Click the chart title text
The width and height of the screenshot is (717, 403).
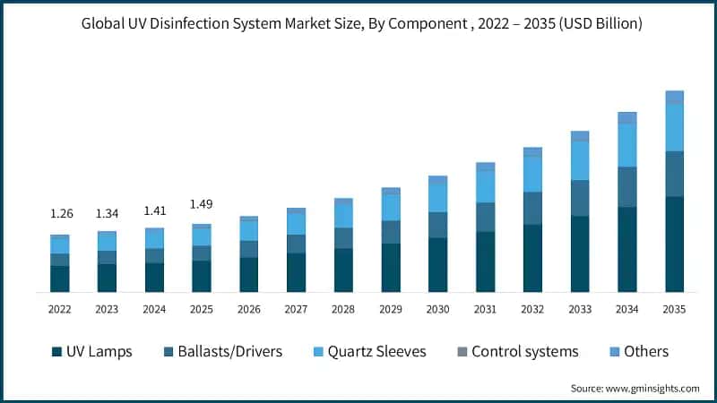pyautogui.click(x=358, y=24)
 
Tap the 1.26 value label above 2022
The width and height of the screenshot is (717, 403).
pyautogui.click(x=60, y=214)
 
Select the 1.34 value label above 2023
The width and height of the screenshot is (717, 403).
pyautogui.click(x=107, y=214)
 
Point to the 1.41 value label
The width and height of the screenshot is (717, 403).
pyautogui.click(x=154, y=211)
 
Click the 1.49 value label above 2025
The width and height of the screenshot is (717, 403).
pyautogui.click(x=202, y=204)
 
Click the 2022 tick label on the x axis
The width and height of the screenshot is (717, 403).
pyautogui.click(x=60, y=309)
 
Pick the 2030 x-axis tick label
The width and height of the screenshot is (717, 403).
pyautogui.click(x=438, y=309)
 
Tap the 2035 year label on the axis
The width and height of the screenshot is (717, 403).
pyautogui.click(x=674, y=309)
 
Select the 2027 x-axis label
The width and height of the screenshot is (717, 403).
pyautogui.click(x=296, y=309)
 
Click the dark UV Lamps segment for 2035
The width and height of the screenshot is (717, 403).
pyautogui.click(x=674, y=244)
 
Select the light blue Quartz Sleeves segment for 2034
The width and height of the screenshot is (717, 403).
pyautogui.click(x=627, y=145)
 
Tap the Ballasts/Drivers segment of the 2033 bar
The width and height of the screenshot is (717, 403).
pyautogui.click(x=580, y=198)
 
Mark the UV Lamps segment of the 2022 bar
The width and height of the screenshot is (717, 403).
pyautogui.click(x=60, y=279)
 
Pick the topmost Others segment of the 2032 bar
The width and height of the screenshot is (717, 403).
pyautogui.click(x=532, y=151)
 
